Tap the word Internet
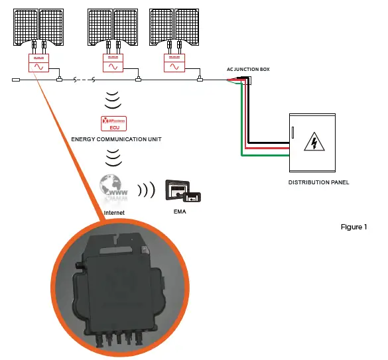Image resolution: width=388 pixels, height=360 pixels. [115, 213]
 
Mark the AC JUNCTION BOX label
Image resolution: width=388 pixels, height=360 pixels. [249, 70]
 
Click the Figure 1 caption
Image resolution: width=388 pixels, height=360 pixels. [353, 227]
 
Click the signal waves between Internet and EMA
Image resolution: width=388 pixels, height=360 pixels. [146, 190]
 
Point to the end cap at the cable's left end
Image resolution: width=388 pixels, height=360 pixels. [17, 81]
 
